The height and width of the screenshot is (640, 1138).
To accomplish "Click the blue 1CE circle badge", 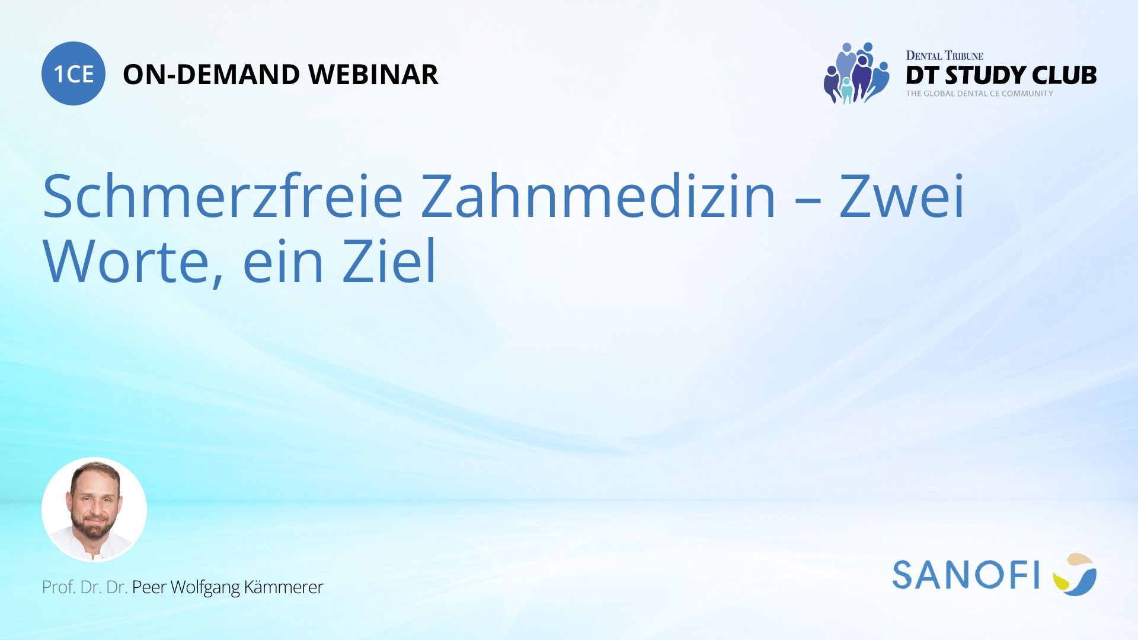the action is coord(73,73).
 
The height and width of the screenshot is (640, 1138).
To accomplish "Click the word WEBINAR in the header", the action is coord(373,75).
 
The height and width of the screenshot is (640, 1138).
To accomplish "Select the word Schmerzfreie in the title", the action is coord(223,196).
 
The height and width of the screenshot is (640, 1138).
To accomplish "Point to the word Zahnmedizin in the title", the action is coord(598,196).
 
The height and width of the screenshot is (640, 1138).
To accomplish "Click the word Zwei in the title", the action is coord(902,196).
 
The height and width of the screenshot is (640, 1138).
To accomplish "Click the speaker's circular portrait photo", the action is coord(94,510).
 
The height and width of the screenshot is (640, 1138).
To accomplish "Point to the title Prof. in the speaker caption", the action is coord(59,587).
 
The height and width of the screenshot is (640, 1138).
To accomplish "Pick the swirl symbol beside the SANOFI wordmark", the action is coord(1075,574).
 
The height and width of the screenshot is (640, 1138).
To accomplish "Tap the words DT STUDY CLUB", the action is coord(1001,75).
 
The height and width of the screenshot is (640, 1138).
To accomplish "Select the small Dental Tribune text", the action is coord(945,56).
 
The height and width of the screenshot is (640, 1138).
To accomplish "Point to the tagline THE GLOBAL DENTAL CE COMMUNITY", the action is coord(980,94).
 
